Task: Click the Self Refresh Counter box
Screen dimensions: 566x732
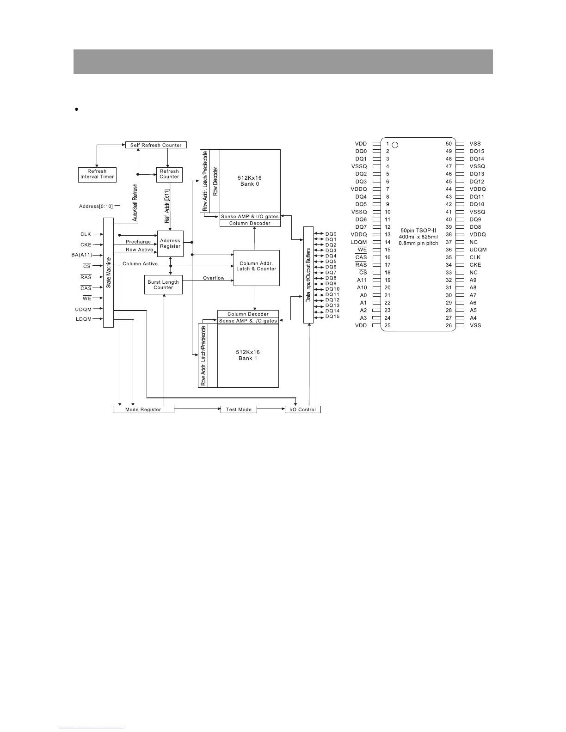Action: coord(156,145)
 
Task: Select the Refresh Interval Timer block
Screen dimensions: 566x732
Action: coord(97,174)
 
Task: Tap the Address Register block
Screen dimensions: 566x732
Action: coord(170,244)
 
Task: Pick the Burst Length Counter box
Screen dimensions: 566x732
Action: coord(163,285)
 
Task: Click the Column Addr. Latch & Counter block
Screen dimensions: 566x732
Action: coord(256,266)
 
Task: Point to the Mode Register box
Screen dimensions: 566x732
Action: coord(143,409)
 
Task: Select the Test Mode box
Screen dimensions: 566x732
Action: coord(239,409)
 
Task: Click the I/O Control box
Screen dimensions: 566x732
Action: coord(303,409)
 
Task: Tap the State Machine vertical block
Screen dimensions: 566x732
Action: coord(108,273)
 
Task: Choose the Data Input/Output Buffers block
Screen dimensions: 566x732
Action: coord(308,275)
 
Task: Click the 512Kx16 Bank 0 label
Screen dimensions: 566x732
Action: coord(250,181)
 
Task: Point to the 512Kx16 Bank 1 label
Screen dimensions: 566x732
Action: coord(248,355)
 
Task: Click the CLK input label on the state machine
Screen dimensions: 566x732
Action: coord(86,234)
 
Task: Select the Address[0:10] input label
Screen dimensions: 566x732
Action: coord(96,207)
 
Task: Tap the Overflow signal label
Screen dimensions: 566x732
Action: coord(214,278)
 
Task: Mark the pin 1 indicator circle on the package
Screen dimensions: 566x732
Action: coord(395,145)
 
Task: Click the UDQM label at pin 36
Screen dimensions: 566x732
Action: coord(478,250)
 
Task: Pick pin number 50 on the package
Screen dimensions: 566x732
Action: coord(449,144)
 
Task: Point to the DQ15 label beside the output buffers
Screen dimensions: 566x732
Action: coord(332,317)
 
